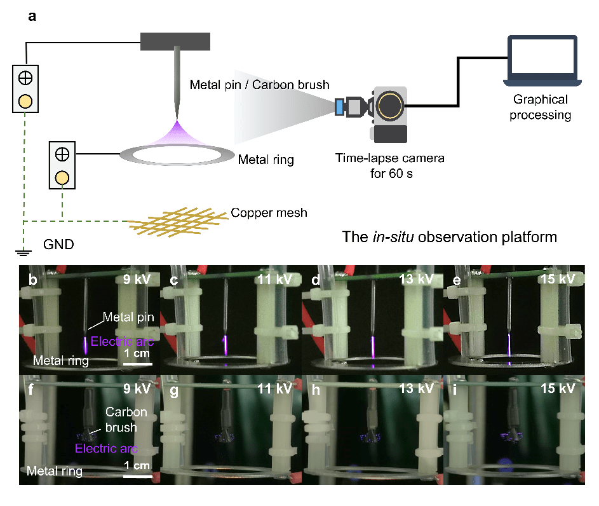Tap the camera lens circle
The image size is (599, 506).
point(389,106)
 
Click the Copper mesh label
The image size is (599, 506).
point(269,212)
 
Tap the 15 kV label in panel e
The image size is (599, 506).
point(557,279)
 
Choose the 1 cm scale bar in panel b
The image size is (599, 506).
point(137,364)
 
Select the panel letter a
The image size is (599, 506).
point(32,16)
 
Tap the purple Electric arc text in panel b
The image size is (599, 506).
point(122,341)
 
